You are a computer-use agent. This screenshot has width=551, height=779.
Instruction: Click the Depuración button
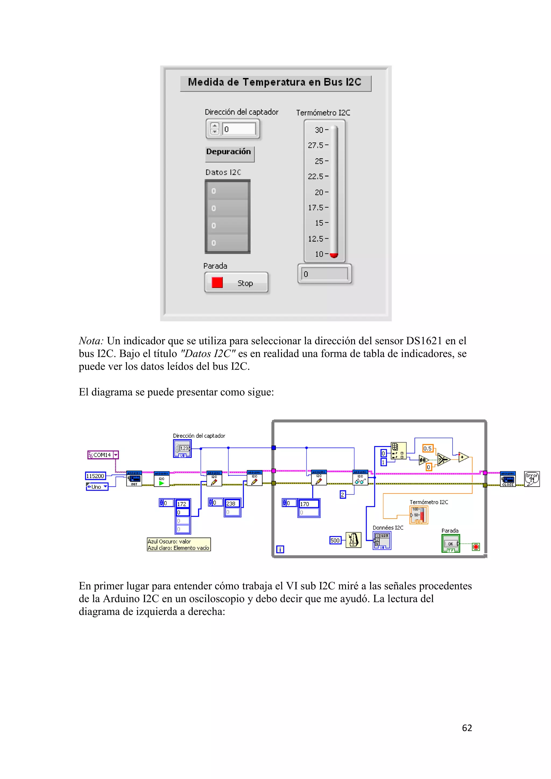tap(229, 152)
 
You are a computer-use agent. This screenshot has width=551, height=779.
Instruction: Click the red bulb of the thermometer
tap(334, 255)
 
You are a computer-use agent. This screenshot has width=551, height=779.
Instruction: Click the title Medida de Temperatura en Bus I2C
tap(275, 83)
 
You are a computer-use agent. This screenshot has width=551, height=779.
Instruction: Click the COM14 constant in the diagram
tap(102, 455)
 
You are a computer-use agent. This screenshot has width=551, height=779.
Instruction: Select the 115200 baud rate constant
tap(95, 476)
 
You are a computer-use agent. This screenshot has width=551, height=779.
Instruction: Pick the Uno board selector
tap(97, 487)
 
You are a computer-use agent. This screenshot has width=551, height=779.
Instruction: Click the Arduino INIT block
tap(134, 479)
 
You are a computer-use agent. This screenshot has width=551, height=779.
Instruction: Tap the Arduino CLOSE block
tap(508, 479)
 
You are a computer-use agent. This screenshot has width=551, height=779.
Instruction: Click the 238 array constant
tap(232, 504)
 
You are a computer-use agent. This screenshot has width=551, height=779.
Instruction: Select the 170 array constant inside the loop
tap(308, 504)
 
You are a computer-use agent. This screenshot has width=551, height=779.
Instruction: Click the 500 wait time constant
tap(335, 540)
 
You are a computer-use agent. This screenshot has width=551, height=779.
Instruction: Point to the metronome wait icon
tap(353, 540)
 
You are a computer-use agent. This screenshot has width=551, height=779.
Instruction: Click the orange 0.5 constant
tap(428, 448)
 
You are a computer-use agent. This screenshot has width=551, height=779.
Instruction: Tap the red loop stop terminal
tap(476, 547)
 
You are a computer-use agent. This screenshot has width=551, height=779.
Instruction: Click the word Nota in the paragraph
tap(91, 341)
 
